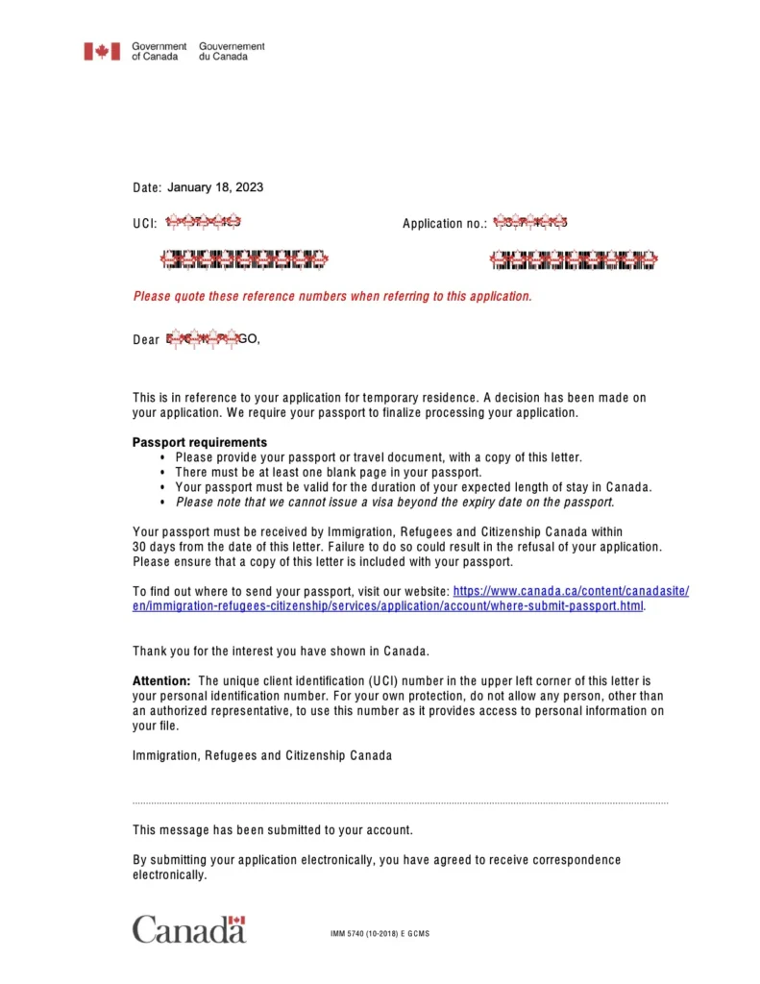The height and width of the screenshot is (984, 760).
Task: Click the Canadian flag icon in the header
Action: pos(101,51)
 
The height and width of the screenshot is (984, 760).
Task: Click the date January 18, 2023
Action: pos(215,187)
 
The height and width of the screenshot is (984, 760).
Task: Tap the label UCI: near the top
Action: pos(144,223)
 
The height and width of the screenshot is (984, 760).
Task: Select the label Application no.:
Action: pos(445,224)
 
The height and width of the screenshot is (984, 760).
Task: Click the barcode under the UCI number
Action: pos(244,258)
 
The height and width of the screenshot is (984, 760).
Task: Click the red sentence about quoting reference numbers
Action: pos(331,296)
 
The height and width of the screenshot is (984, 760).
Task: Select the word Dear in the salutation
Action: pos(146,339)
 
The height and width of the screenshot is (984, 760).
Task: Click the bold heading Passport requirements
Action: pos(200,443)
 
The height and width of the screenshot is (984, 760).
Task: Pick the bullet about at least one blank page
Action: pos(328,472)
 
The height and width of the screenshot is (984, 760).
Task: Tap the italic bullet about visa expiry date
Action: pos(395,502)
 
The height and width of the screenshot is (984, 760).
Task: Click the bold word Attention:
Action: pos(161,680)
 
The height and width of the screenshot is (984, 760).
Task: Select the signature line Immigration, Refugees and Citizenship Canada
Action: pos(262,755)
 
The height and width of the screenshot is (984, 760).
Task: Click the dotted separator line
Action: pos(400,801)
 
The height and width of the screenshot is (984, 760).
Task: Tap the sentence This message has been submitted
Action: pos(273,829)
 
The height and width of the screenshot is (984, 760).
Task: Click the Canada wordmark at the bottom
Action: pos(189,929)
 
